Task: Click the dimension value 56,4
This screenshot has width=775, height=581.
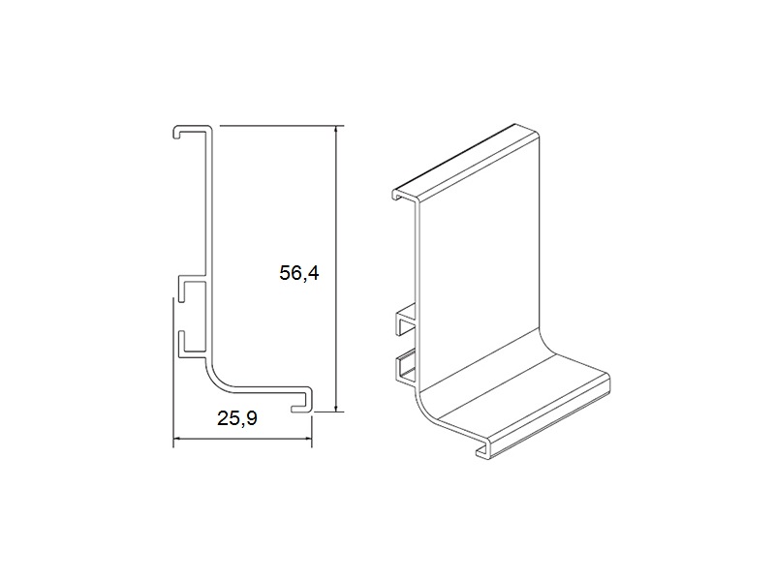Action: [x=299, y=273]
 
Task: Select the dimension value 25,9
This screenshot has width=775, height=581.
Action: [x=237, y=418]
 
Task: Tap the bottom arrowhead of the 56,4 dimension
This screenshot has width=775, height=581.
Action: [x=336, y=406]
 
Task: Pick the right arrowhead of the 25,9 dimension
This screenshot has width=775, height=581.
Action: [x=306, y=438]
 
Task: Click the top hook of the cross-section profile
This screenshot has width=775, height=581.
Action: [x=192, y=131]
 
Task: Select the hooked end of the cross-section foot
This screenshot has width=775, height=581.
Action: [x=302, y=399]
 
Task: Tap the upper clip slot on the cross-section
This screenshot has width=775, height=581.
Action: [x=192, y=288]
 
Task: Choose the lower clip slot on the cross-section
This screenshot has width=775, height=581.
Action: [x=192, y=344]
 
